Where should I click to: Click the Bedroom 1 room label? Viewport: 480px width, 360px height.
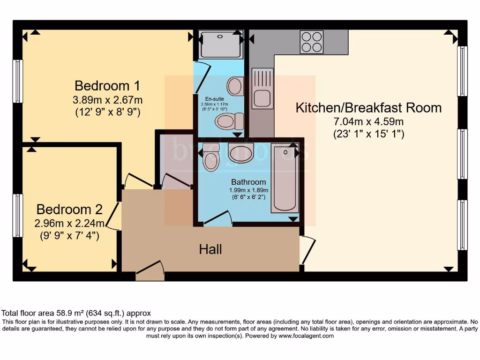click(x=107, y=86)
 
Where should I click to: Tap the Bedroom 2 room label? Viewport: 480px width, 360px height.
click(x=69, y=209)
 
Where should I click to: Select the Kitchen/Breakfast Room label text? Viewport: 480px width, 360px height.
click(x=368, y=107)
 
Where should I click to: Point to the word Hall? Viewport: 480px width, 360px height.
click(x=210, y=249)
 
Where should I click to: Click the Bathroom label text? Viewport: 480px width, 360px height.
click(x=248, y=182)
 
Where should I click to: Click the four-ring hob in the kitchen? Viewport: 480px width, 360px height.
click(x=312, y=42)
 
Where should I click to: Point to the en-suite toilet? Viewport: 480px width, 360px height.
click(x=229, y=121)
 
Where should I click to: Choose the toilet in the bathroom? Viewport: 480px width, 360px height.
click(x=210, y=157)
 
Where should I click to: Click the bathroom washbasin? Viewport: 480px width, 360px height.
click(x=241, y=152)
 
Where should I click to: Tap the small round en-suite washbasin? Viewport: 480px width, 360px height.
click(x=235, y=86)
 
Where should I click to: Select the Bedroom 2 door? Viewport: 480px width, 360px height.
click(x=113, y=218)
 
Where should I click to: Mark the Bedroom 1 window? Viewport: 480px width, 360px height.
click(x=17, y=81)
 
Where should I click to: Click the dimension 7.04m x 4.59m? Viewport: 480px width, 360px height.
click(x=368, y=121)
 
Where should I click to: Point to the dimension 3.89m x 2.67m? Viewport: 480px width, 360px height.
click(x=107, y=100)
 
